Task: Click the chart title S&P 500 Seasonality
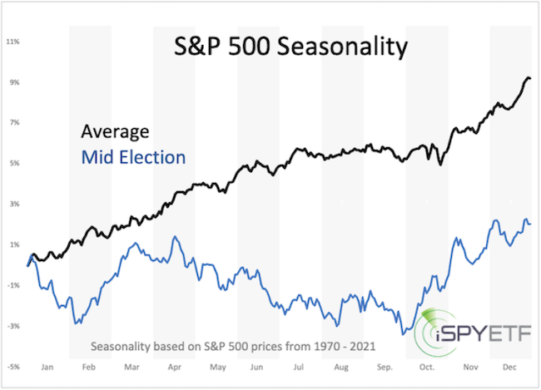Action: [x=290, y=47]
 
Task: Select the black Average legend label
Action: [x=115, y=131]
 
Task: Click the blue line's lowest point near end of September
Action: [x=405, y=334]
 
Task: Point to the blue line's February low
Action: [x=77, y=323]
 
